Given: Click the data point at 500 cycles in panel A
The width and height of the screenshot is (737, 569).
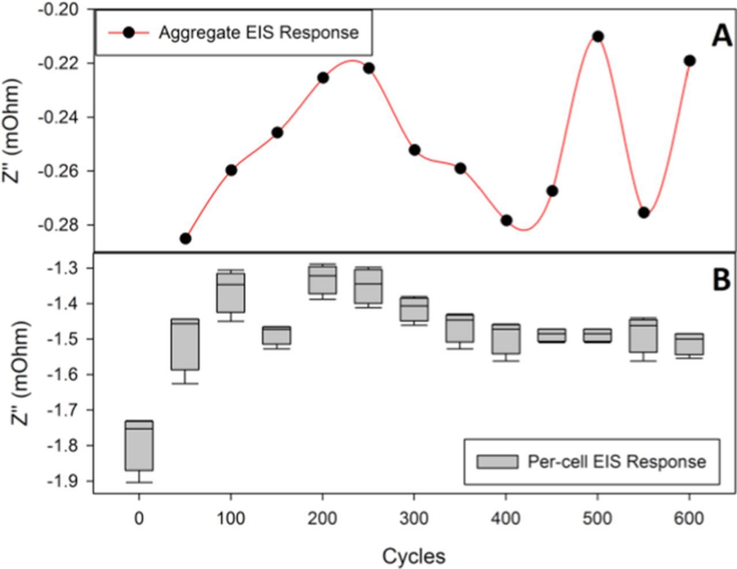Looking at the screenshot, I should pos(598,36).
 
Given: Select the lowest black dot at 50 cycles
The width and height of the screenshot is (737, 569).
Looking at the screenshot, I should pos(185,238).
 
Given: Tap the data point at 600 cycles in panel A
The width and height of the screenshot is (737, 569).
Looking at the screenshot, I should pos(689,60).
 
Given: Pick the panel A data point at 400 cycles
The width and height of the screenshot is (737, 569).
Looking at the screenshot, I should pos(506,220).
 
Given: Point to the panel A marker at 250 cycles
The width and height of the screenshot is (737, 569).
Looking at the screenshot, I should pos(368,68).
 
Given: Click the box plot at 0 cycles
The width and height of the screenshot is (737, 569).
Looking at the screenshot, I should pos(139,445).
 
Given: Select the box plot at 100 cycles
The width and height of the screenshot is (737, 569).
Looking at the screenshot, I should pos(230,292).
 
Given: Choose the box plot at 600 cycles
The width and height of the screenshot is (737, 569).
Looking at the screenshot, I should pos(689,344).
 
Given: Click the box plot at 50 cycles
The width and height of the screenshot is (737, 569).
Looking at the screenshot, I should pos(185,344).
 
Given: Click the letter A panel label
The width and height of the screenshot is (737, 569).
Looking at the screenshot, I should pos(721,37).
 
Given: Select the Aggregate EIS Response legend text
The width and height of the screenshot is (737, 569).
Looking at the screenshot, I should pos(259,32).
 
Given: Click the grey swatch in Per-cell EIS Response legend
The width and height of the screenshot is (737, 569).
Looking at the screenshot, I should pos(497,462).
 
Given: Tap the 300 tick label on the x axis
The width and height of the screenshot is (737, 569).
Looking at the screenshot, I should pos(413,518).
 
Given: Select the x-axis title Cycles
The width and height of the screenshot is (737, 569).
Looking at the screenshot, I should pos(413,556).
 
